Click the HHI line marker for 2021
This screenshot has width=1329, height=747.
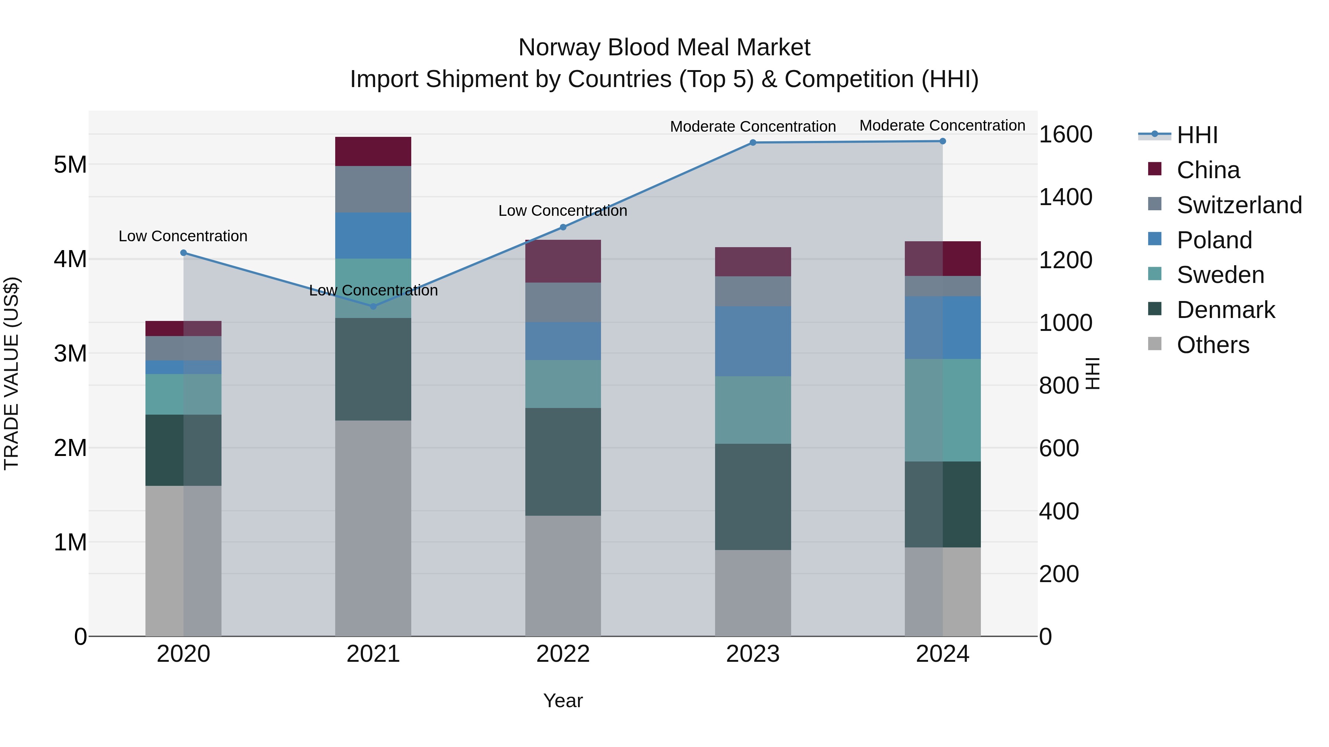coord(374,306)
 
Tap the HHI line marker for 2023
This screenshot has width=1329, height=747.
coord(753,142)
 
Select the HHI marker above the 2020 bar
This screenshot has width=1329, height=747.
coord(184,253)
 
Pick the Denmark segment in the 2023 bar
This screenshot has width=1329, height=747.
coord(753,497)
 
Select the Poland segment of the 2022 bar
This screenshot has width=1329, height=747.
coord(563,341)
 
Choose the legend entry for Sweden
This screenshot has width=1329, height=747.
coord(1220,275)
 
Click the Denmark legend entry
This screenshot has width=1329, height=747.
coord(1225,310)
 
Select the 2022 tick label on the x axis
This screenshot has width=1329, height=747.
coord(563,654)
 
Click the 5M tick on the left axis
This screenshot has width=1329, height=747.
coord(70,165)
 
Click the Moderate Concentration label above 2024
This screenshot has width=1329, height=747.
coord(942,125)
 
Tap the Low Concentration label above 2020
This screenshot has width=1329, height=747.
coord(183,236)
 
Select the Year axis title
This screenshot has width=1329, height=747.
coord(563,701)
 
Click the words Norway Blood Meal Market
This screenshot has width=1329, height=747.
coord(664,48)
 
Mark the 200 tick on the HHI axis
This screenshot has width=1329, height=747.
coord(1059,574)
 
